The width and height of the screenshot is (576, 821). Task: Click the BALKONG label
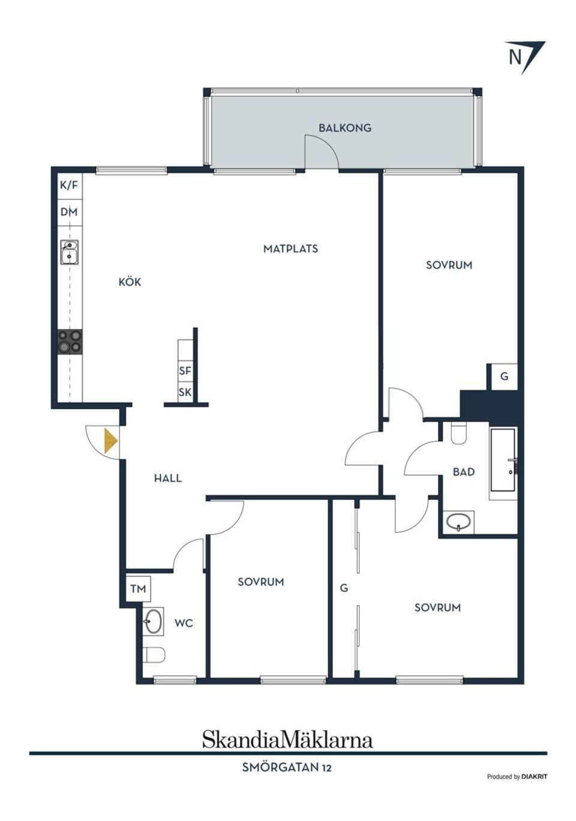[344, 128]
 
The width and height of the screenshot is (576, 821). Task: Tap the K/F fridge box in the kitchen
[70, 185]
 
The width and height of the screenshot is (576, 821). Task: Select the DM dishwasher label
[69, 212]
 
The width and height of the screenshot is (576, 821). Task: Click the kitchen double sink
[69, 252]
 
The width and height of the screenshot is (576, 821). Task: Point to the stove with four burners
[70, 342]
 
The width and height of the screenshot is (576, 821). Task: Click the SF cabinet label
[185, 371]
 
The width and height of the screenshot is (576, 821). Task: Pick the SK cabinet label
[185, 392]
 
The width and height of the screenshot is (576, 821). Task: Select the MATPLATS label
[291, 249]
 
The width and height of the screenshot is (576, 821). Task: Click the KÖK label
[130, 281]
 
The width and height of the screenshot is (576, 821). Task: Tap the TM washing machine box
[138, 589]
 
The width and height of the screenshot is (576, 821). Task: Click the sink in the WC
[153, 621]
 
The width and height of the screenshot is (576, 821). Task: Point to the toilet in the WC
[154, 655]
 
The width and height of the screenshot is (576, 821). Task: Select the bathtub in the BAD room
[503, 459]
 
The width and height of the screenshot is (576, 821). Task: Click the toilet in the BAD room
[458, 433]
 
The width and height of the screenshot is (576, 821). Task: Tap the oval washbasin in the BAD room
[458, 522]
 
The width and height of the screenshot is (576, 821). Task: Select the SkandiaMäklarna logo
[288, 739]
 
